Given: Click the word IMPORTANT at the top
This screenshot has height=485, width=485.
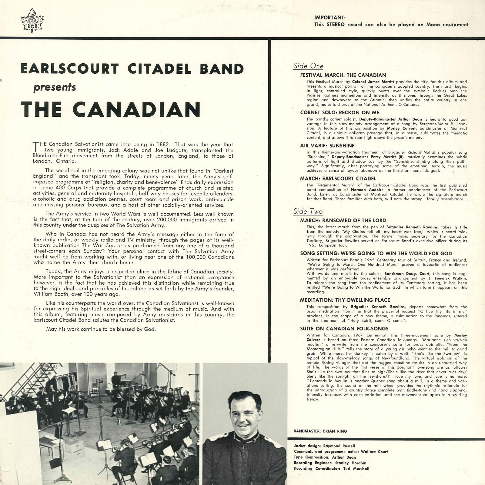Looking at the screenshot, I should tap(330, 18).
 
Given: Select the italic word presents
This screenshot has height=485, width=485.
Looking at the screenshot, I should tap(55, 87).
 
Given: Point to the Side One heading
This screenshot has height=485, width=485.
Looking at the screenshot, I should tap(308, 66).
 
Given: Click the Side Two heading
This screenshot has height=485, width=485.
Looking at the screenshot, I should tap(308, 211).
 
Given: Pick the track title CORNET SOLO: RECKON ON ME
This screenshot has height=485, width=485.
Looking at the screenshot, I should tap(339, 112).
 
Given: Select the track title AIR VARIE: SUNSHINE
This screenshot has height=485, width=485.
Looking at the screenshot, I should tap(327, 145).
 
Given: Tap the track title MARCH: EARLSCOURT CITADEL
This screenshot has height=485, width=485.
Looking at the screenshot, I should tap(338, 179).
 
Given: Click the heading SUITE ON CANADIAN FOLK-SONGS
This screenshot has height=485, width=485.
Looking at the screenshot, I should tap(344, 329).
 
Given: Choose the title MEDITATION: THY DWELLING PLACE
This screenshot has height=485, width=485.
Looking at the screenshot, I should tap(345, 300).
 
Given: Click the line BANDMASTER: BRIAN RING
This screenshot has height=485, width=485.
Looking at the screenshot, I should tap(320, 431).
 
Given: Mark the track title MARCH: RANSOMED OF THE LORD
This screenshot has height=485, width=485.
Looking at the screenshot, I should tap(343, 220).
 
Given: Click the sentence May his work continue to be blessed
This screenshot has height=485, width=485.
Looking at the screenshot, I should tap(101, 329).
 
